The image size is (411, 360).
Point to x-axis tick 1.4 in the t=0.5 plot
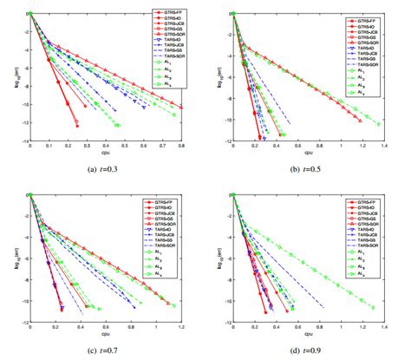(x=384, y=147)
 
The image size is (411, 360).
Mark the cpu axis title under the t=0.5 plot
(x=308, y=154)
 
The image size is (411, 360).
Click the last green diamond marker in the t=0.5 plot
(x=378, y=124)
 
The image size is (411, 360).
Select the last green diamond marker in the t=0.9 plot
(x=374, y=308)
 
